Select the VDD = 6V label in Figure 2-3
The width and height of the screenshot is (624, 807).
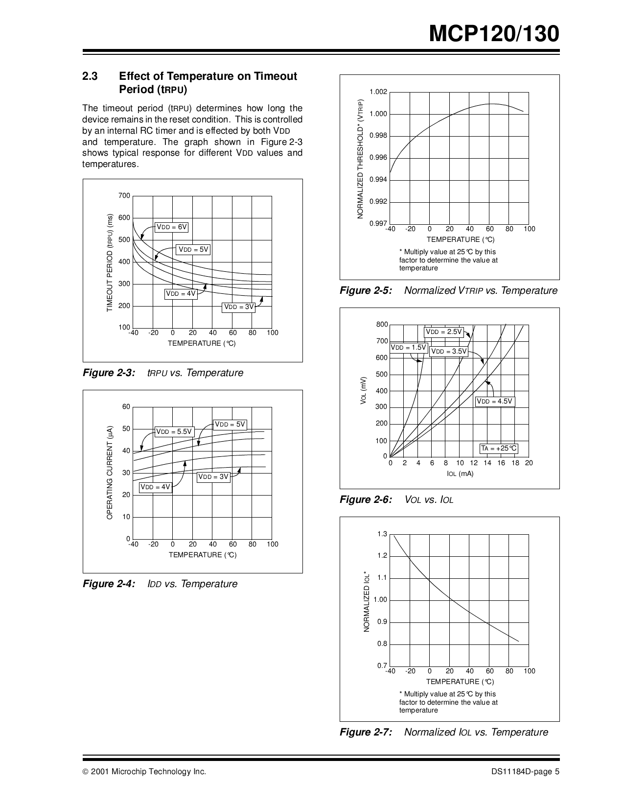[172, 227]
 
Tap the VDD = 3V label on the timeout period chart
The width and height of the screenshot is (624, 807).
[239, 307]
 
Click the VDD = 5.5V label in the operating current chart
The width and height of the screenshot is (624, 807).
[174, 432]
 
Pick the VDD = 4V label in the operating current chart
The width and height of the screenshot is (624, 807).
[155, 487]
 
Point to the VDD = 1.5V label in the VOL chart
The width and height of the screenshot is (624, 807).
[409, 348]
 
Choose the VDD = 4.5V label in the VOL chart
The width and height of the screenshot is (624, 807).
[494, 402]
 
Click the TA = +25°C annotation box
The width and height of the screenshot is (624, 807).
[499, 448]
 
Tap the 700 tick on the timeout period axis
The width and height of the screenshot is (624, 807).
[124, 196]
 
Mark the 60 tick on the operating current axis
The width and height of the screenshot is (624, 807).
[126, 407]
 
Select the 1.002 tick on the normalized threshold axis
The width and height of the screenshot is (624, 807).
[378, 92]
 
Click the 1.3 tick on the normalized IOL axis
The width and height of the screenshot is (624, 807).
[382, 534]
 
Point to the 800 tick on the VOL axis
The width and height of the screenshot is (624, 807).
[382, 325]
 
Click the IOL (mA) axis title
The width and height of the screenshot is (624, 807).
[460, 474]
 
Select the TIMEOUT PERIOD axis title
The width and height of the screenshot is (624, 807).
[110, 262]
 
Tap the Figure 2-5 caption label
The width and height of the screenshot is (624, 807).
[366, 291]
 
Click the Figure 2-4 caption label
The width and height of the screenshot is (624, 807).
[109, 584]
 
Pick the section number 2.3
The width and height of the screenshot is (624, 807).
[90, 76]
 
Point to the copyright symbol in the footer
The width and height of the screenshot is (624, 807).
[85, 772]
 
